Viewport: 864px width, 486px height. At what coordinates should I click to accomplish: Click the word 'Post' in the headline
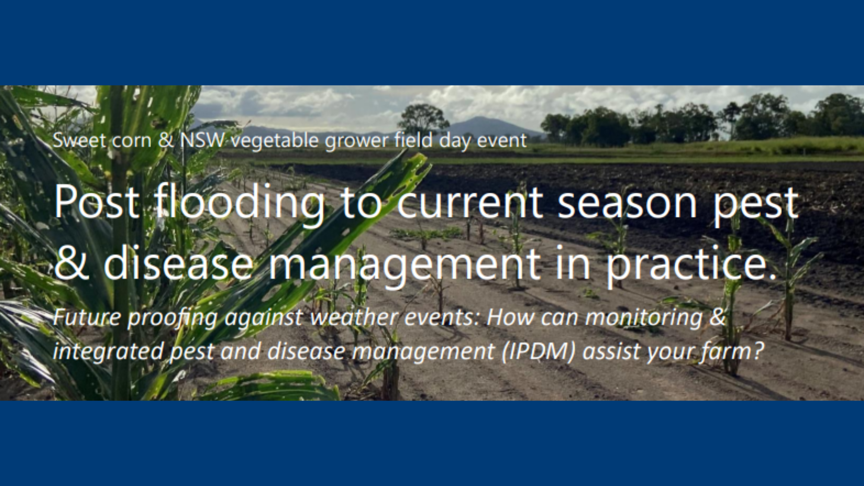pos(97,202)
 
